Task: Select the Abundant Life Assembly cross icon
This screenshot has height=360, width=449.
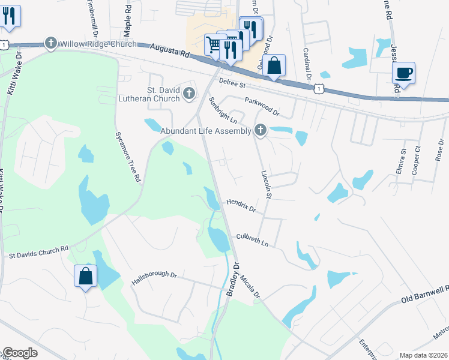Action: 260,129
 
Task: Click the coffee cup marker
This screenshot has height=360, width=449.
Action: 403,73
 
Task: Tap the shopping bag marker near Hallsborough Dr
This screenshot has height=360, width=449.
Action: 85,277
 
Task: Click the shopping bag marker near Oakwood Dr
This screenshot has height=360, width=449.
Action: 274,66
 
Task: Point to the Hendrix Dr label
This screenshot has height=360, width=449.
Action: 241,206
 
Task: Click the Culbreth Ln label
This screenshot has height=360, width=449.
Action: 252,240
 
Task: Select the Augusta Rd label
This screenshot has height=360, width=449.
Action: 170,50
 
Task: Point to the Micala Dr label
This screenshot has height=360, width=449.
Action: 251,286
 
